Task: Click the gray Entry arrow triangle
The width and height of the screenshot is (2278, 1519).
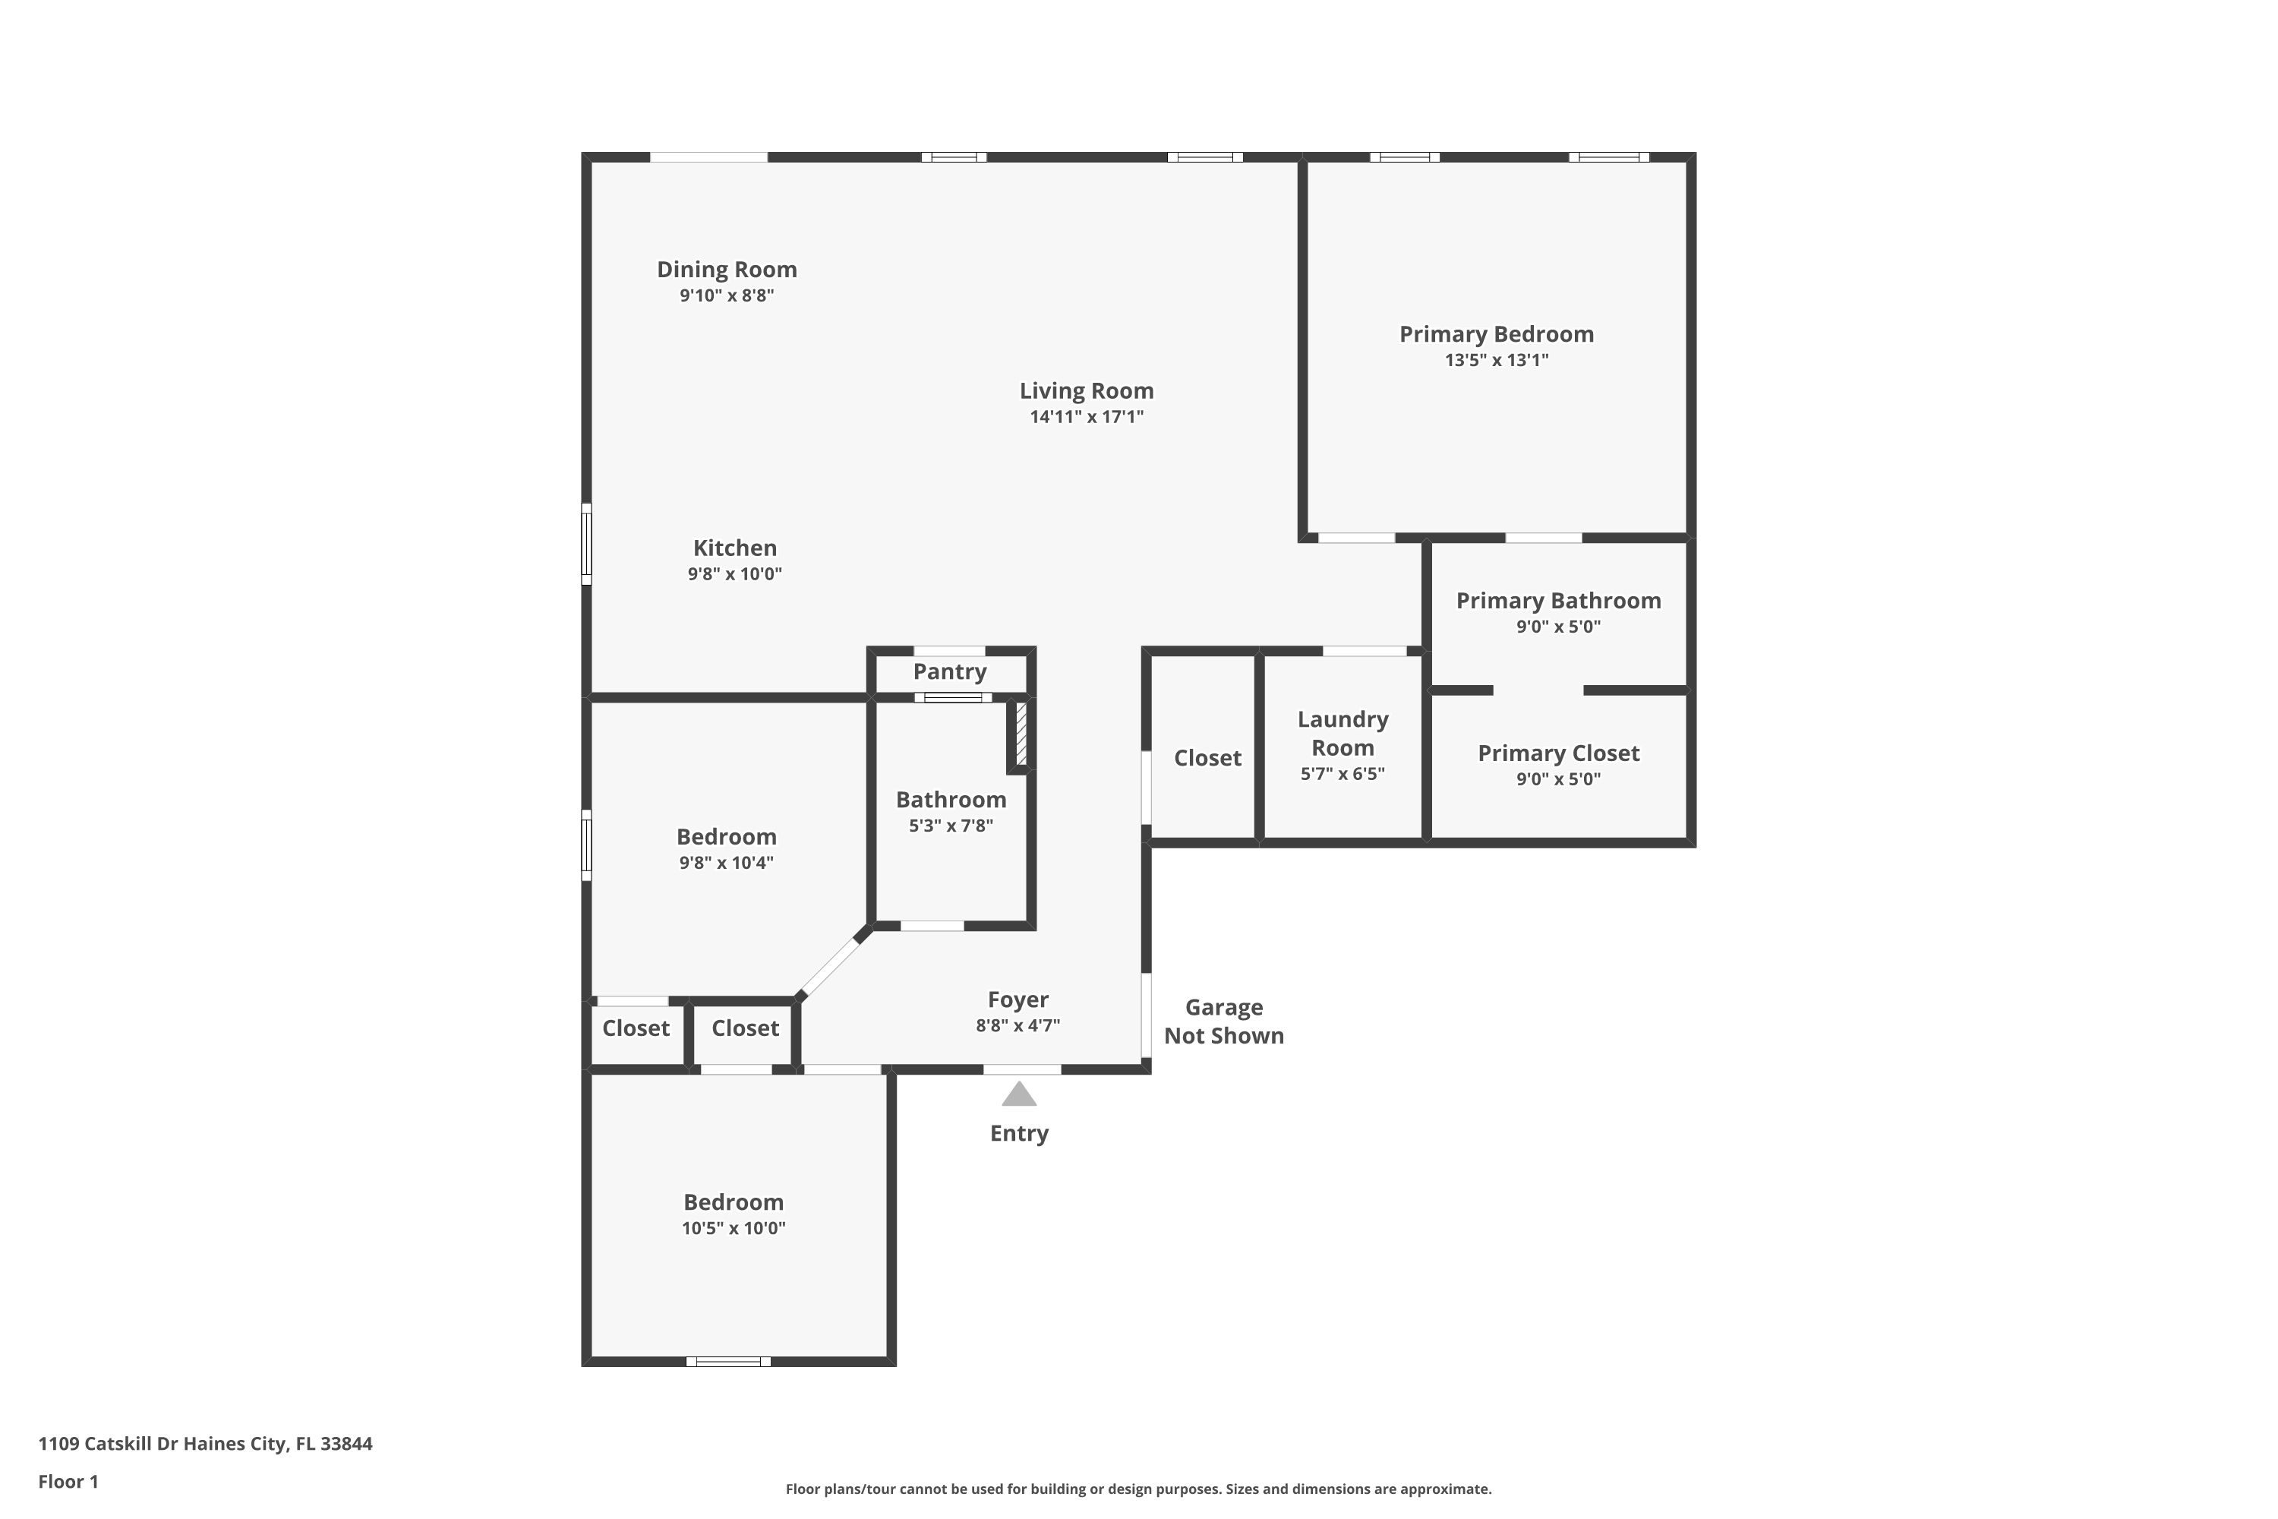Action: pos(1019,1094)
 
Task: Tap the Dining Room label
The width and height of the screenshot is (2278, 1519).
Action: pos(727,270)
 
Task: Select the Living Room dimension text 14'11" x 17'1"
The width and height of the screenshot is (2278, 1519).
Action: pos(1087,416)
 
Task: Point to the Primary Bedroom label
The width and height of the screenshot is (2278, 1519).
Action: pos(1497,334)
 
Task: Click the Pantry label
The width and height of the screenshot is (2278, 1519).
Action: pos(949,671)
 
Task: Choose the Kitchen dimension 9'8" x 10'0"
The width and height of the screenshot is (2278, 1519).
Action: pos(735,573)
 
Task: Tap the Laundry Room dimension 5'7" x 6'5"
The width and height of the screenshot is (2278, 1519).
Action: pos(1343,773)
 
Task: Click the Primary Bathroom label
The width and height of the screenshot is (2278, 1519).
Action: pos(1558,601)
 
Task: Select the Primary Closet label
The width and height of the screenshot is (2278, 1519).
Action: pos(1558,753)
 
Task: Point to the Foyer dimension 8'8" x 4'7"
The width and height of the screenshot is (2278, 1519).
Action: pos(1018,1025)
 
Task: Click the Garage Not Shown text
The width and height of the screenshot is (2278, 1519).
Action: pos(1224,1021)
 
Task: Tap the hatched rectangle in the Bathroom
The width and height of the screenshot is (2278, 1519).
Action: pos(1021,735)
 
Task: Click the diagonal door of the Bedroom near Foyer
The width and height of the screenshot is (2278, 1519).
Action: pos(831,965)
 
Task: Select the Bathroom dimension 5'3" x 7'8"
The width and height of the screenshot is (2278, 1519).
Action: pos(951,826)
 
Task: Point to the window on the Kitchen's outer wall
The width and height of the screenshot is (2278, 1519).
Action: pos(586,544)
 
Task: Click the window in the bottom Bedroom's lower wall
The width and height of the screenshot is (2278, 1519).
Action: pos(728,1361)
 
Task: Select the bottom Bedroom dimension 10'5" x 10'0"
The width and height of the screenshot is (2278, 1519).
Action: pos(734,1228)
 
